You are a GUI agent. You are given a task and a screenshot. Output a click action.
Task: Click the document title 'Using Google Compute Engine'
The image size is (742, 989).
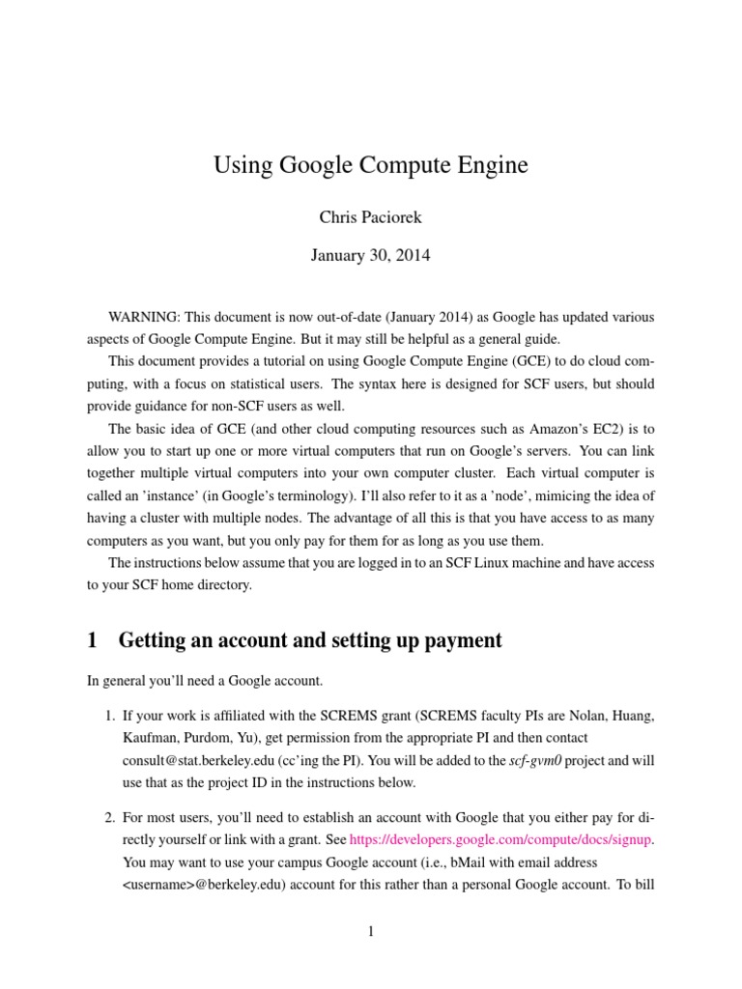coord(371,166)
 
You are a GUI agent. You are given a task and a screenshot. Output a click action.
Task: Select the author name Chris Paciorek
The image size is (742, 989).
coord(371,217)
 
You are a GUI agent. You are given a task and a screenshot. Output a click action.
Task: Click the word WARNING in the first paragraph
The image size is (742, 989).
coord(143,317)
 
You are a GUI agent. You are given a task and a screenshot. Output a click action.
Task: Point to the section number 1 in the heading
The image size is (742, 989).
coord(93,639)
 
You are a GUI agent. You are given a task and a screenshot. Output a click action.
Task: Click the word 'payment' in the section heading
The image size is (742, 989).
coord(455,639)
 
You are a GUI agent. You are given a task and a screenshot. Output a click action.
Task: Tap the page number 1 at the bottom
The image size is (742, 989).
coord(371,931)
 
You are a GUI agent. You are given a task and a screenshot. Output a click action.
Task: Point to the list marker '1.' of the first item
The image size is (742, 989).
coord(110,716)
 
